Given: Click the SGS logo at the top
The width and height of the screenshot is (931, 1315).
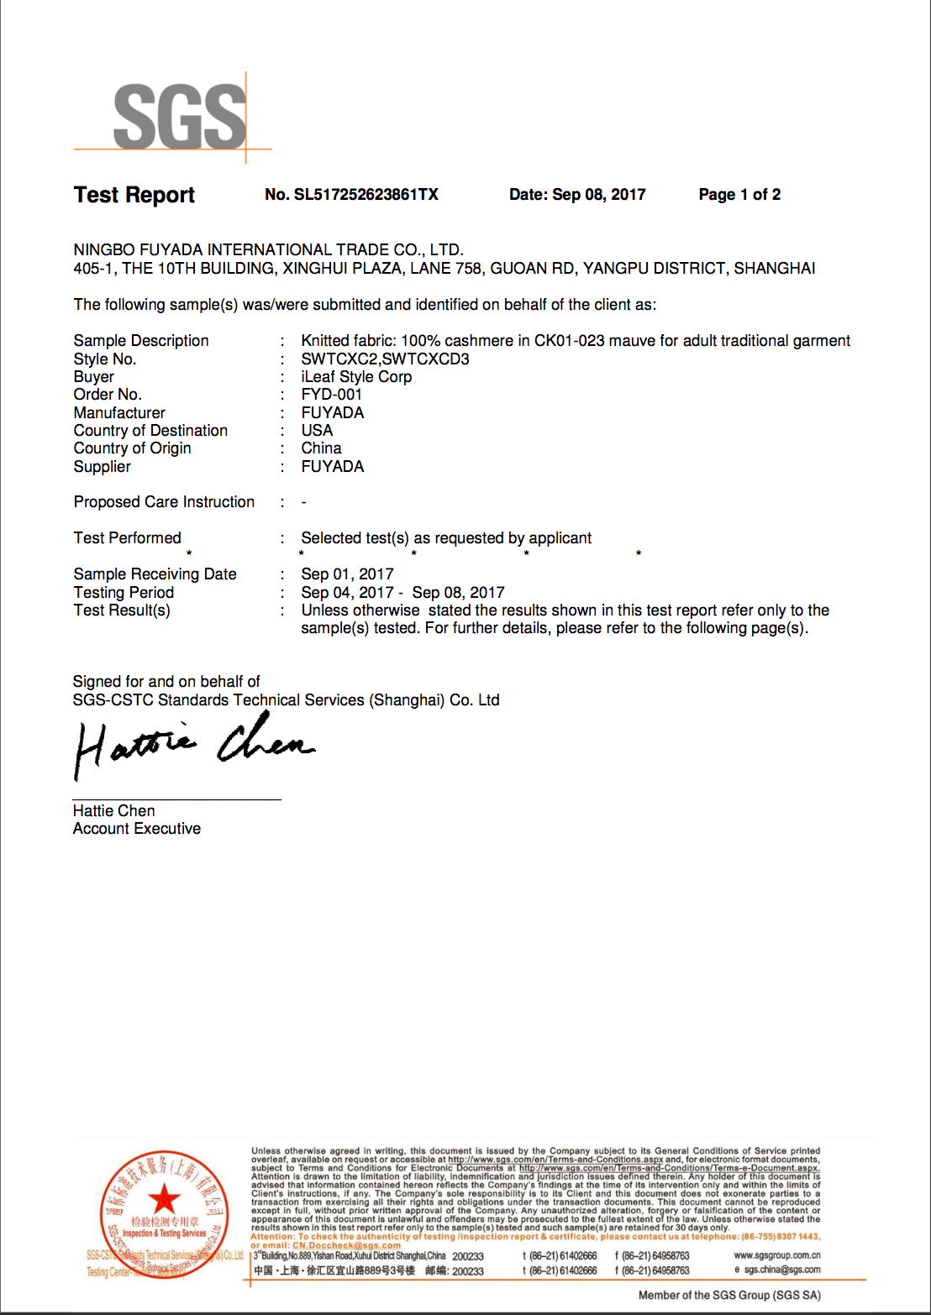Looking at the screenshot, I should (x=180, y=118).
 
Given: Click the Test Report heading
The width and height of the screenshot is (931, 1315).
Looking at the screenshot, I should (x=134, y=195).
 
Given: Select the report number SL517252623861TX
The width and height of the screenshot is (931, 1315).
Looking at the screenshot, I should (x=366, y=195).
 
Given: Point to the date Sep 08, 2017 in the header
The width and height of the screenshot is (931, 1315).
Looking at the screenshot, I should (x=598, y=195).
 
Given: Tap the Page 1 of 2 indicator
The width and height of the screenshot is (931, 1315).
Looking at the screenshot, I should (x=739, y=195).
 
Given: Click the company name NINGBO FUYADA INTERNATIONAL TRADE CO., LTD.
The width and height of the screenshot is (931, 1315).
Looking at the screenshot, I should (x=269, y=249).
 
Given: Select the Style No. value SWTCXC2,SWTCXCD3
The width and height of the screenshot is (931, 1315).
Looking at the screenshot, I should (x=386, y=359).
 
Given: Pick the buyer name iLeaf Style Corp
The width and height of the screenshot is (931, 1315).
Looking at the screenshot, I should (x=356, y=377).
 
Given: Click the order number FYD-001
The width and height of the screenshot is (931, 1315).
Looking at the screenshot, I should (x=332, y=395).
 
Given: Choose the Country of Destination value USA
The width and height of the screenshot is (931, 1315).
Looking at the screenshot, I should (x=317, y=430).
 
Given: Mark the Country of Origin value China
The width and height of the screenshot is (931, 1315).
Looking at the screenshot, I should (x=322, y=448).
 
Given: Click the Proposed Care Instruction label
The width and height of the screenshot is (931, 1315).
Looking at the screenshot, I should (x=164, y=502).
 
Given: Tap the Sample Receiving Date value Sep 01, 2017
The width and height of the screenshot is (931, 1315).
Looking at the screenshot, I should (x=347, y=574).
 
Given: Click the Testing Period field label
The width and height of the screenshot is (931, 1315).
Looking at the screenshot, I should (x=124, y=593).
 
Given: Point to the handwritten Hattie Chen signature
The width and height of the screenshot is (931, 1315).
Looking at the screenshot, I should (x=193, y=743).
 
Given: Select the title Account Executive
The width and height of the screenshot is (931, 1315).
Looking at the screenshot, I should (x=137, y=829).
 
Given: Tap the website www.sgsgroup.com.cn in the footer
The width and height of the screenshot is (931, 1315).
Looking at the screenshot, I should (x=777, y=1255).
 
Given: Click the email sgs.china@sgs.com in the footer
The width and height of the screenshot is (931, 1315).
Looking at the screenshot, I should (x=782, y=1270).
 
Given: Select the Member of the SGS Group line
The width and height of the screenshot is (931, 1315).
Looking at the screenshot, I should (x=729, y=1296).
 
